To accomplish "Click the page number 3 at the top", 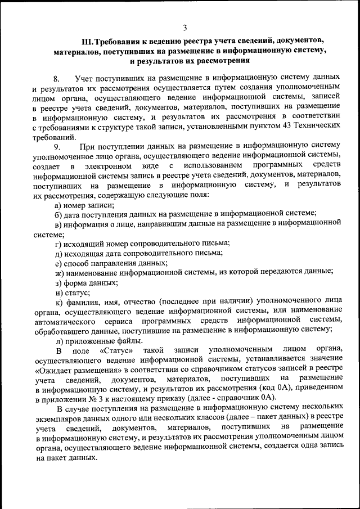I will click(x=185, y=27).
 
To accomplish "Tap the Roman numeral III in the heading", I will click(x=87, y=41).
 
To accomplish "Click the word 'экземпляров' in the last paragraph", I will click(x=57, y=418).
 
